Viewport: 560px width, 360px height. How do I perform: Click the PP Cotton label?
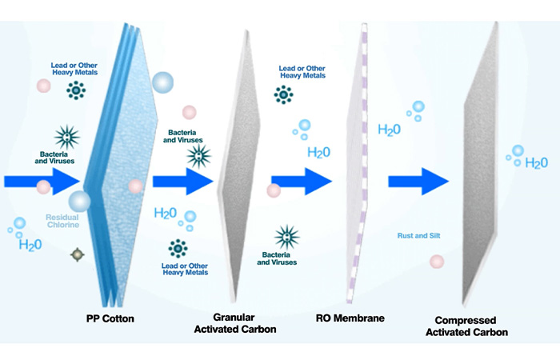point(110,318)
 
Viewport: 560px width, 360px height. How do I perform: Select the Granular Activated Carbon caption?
point(235,323)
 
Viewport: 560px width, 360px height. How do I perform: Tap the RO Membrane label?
point(350,318)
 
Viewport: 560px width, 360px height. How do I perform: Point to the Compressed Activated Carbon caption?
point(466,326)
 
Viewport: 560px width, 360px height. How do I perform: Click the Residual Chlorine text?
point(62,221)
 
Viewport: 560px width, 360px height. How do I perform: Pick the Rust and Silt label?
point(418,236)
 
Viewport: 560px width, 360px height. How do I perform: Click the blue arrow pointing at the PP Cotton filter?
point(42,182)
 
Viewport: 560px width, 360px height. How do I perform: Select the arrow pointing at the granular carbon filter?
point(183,182)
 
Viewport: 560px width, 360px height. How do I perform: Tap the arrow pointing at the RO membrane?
point(302,182)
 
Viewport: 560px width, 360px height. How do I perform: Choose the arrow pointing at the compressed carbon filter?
point(418,182)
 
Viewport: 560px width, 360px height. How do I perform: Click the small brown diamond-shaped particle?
point(78,254)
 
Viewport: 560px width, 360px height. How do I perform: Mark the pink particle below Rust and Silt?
point(437,262)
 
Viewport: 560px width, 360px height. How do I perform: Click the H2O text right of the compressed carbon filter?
point(537,163)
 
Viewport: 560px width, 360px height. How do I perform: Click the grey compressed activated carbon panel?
point(480,164)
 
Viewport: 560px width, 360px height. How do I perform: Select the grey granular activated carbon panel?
point(238,166)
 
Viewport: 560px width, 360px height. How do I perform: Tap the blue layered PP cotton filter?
point(121,164)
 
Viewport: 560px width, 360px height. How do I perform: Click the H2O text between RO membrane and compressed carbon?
point(389,130)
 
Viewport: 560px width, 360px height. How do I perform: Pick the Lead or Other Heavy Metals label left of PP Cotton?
point(74,69)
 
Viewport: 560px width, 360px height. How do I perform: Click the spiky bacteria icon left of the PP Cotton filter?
point(67,137)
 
